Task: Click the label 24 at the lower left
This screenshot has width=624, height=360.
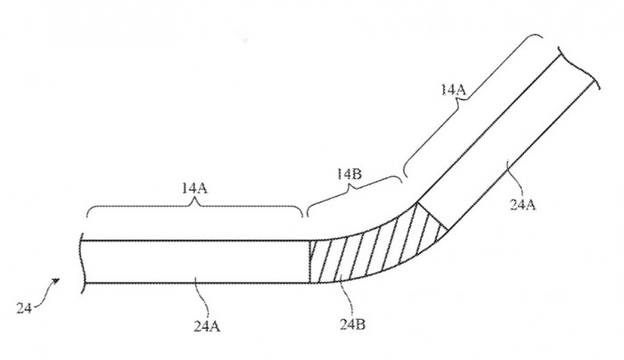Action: pos(23,308)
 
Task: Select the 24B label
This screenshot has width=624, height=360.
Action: pos(353,324)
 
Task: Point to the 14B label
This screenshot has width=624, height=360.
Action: pos(349,175)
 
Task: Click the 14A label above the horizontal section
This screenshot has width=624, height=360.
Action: pos(194,188)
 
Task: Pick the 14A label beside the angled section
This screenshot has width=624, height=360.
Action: pos(453,89)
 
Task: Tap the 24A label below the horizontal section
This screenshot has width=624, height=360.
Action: pos(207,326)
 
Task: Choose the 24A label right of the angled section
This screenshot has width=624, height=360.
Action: pos(523,204)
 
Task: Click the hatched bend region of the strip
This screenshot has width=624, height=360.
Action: pos(370,250)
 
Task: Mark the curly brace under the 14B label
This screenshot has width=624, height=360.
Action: pos(354,195)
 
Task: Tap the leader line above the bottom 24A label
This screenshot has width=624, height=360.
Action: pos(202,298)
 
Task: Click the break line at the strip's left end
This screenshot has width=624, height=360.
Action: pos(82,263)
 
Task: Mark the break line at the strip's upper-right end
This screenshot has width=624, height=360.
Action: pos(579,68)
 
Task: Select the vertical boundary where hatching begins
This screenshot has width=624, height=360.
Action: pos(310,262)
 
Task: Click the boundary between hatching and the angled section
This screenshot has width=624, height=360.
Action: pos(431,216)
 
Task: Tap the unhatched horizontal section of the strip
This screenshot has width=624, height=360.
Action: pos(196,262)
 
